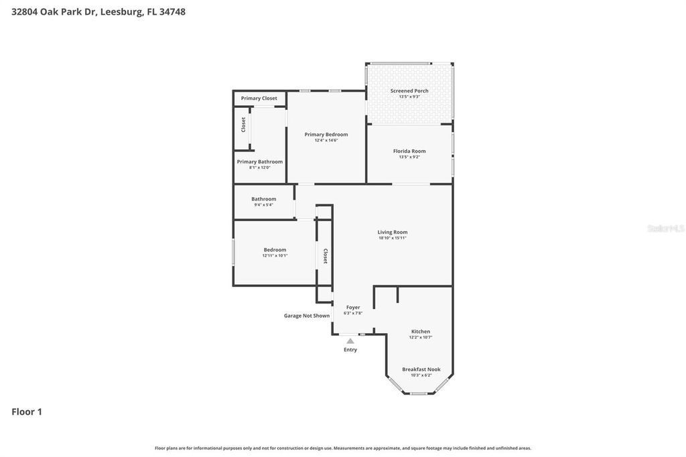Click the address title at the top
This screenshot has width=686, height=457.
click(98, 11)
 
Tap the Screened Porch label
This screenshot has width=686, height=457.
click(409, 90)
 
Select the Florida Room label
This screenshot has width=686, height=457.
click(409, 151)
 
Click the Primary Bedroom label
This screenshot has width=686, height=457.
click(326, 134)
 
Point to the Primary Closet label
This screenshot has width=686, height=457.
click(259, 99)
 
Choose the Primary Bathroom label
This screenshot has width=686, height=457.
click(260, 161)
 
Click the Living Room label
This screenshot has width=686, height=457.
click(393, 232)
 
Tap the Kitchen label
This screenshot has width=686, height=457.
click(421, 331)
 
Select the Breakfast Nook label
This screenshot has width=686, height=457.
click(421, 369)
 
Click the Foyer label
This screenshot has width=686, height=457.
click(353, 307)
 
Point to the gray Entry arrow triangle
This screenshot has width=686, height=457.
click(350, 341)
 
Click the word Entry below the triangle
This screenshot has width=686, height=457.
click(350, 350)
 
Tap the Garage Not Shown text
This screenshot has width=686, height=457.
click(307, 316)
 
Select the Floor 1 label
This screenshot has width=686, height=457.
click(27, 411)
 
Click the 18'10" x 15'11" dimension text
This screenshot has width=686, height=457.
click(393, 238)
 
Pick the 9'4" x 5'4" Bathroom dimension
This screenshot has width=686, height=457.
click(264, 204)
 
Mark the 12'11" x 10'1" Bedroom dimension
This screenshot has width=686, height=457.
click(275, 255)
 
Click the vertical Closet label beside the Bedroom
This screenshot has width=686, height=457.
click(326, 256)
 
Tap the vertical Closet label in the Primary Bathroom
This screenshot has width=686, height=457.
click(244, 124)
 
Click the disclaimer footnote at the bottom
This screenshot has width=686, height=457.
click(343, 448)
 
